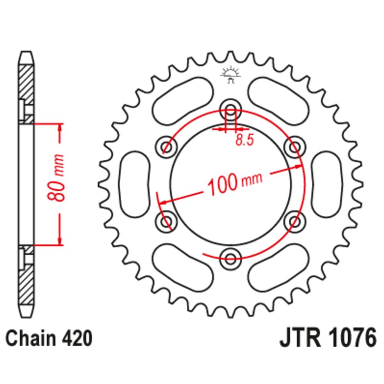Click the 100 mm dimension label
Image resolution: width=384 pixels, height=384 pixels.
(x=234, y=184)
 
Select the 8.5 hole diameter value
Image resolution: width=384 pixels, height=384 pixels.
(x=244, y=141)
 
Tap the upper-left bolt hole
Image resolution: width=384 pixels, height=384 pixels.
(x=166, y=146)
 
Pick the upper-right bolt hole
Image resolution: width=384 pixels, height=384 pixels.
(x=295, y=146)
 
